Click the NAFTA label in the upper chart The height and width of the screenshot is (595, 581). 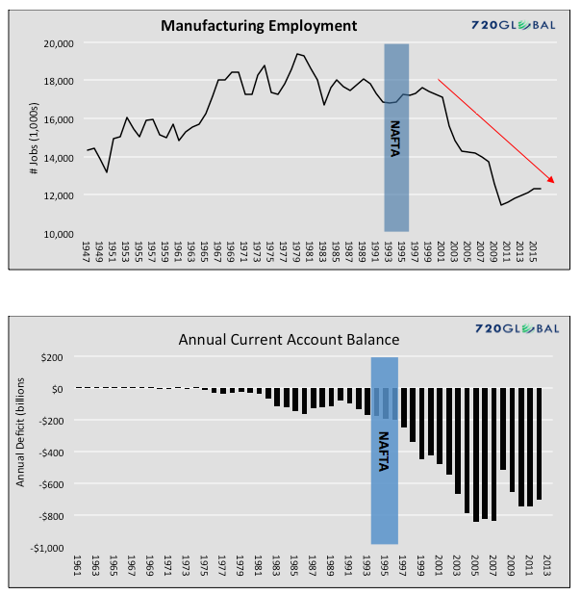pyautogui.click(x=396, y=132)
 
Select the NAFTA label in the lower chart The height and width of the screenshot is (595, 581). pyautogui.click(x=385, y=450)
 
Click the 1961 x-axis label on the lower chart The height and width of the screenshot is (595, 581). pyautogui.click(x=78, y=566)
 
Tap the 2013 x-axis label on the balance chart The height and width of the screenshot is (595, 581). pyautogui.click(x=546, y=566)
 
